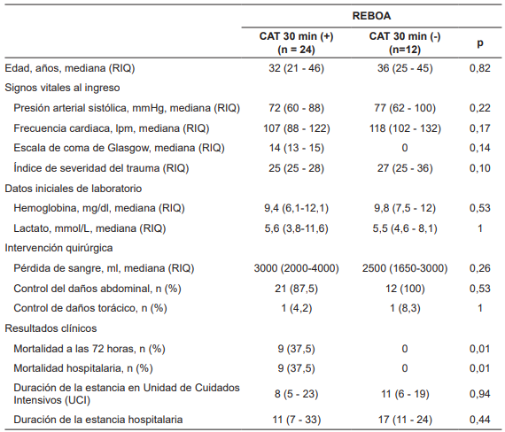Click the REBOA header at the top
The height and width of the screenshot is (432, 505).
coord(371,16)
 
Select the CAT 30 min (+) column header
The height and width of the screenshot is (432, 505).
coord(296,42)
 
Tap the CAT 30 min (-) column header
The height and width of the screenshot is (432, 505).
coord(405,42)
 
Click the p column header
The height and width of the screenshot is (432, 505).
coord(480,43)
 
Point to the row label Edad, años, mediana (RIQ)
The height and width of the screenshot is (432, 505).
coord(70,68)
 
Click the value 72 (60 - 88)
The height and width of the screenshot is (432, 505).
coord(296,108)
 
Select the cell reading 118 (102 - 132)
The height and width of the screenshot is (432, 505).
coord(405,128)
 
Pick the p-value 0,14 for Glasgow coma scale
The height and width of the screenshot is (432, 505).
coord(480,148)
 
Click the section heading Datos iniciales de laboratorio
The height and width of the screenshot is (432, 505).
coord(74,189)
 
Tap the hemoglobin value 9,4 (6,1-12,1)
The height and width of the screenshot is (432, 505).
coord(296,208)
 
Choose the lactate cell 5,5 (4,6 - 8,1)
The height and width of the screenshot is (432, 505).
coord(405,228)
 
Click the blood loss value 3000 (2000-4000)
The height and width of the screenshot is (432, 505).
coord(296,268)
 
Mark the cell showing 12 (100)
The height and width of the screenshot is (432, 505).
coord(405,289)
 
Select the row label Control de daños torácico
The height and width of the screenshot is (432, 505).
coord(90,308)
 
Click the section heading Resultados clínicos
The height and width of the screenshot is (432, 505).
coord(50,328)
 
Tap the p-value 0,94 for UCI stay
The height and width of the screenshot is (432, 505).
coord(480,394)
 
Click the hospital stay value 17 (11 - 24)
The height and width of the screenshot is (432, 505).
coord(405,420)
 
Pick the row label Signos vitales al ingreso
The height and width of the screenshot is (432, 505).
coord(62,88)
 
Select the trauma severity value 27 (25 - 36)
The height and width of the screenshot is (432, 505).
coord(405,168)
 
